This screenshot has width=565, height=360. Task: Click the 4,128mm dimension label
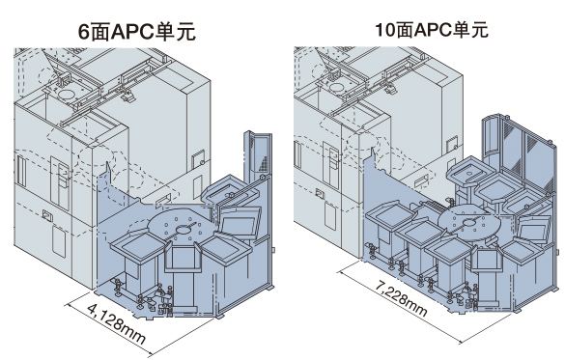pos(116,323)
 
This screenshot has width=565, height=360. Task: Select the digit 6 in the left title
pos(84,32)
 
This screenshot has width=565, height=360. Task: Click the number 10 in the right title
pos(384,30)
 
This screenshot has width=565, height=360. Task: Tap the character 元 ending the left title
pos(186,32)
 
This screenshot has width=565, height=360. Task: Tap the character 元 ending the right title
pos(478,30)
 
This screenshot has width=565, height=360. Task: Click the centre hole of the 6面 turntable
pos(184,230)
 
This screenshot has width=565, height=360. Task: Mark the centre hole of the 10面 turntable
pos(470,223)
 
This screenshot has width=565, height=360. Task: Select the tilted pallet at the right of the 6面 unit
pos(240,223)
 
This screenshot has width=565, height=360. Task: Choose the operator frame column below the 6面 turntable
pos(182,273)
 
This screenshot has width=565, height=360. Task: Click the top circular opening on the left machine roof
pos(67,95)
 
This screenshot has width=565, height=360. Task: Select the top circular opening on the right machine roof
pos(338,87)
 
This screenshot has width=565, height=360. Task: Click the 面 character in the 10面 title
pos(404,30)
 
